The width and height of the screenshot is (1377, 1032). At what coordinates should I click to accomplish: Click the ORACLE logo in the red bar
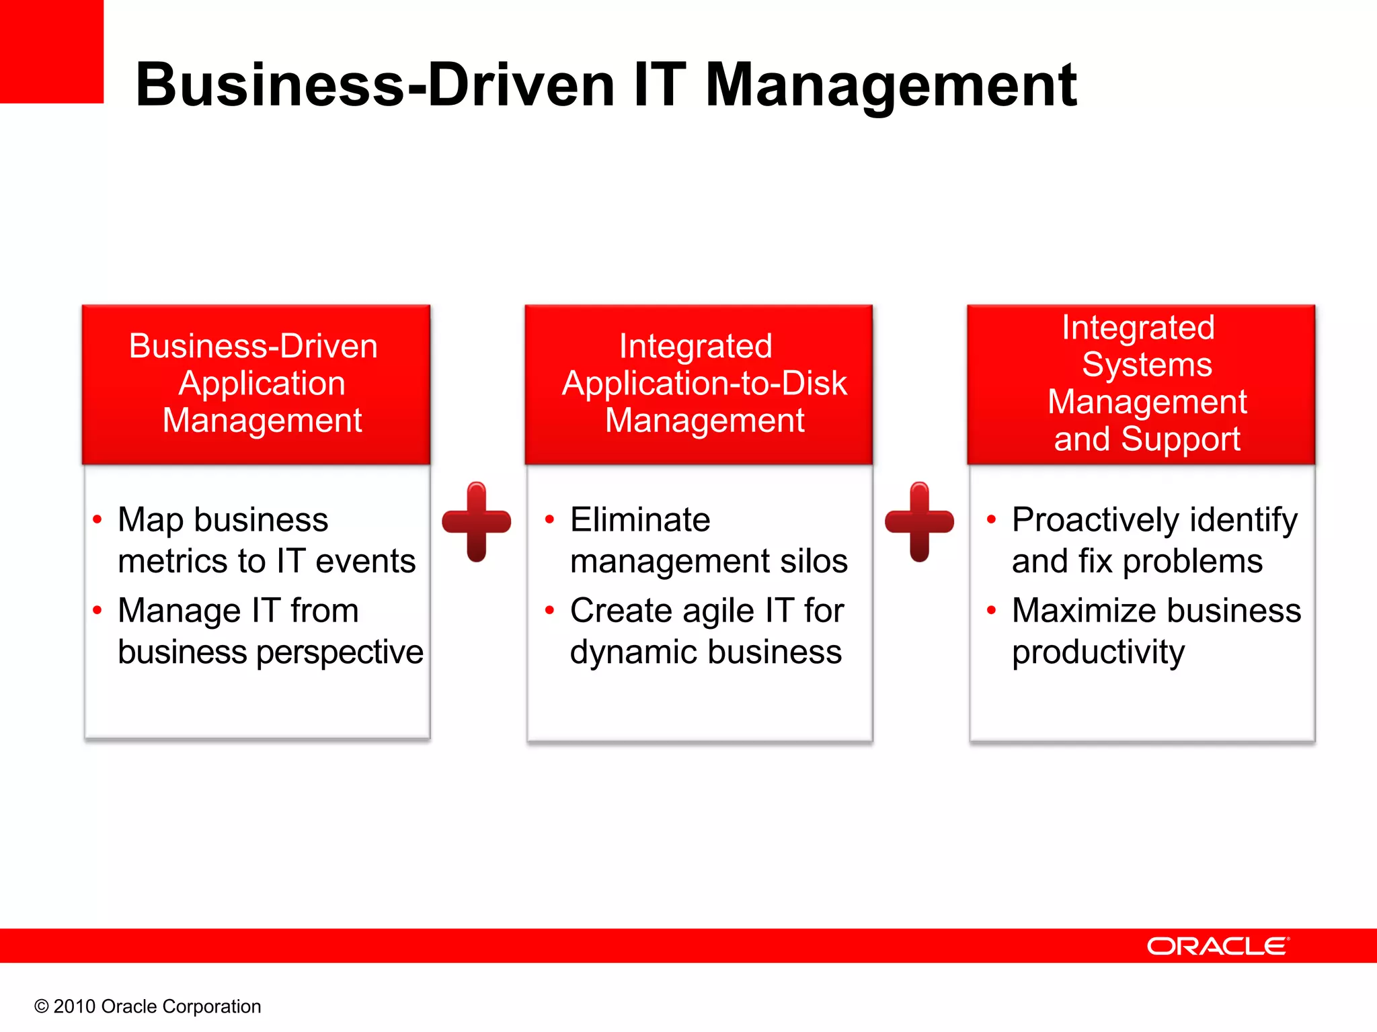(1218, 946)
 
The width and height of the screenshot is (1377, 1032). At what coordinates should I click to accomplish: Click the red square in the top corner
(51, 51)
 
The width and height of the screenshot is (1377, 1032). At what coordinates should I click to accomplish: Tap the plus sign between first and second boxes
(476, 521)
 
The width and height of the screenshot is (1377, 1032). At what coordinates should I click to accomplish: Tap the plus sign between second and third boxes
(919, 521)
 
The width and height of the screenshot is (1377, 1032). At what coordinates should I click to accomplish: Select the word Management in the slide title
(891, 86)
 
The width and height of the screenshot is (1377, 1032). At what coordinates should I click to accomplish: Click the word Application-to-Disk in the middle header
(704, 383)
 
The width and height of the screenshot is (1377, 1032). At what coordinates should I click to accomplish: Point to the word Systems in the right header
(1146, 365)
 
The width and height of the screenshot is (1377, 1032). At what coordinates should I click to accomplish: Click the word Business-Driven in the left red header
(253, 346)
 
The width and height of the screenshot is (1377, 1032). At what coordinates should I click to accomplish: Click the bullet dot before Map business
(97, 519)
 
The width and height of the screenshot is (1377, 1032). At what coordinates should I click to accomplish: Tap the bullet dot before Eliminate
(549, 519)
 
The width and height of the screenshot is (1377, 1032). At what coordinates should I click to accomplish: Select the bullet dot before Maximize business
(991, 610)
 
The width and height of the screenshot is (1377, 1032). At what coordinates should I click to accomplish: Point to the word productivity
(1098, 652)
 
